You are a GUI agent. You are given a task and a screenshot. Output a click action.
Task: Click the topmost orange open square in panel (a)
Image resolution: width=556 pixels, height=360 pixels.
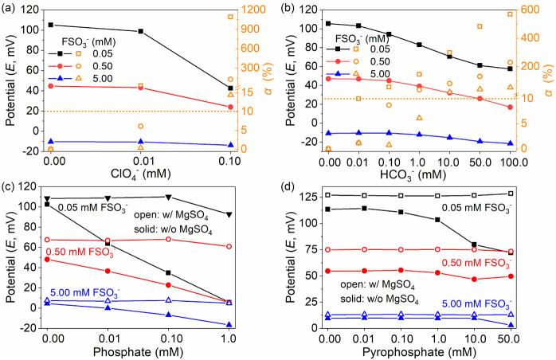click(231, 17)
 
